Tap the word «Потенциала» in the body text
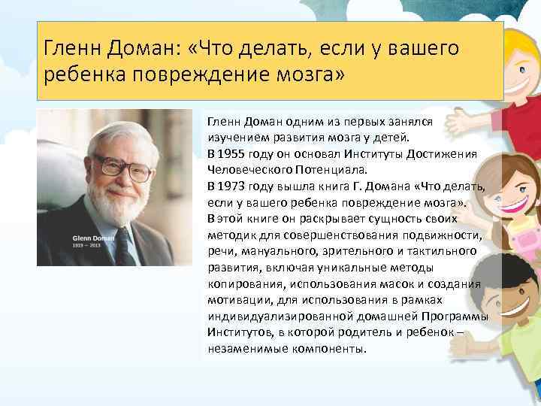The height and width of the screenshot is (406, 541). pos(312,170)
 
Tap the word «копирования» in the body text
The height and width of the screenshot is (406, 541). pos(242,284)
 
